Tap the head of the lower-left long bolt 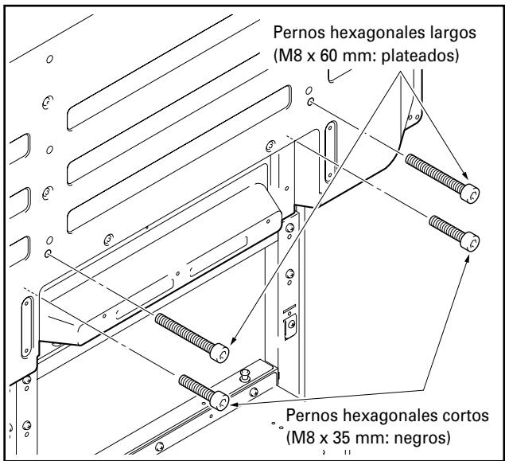point(226,350)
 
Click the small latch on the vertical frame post point(289,325)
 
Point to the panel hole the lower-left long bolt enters point(51,254)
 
